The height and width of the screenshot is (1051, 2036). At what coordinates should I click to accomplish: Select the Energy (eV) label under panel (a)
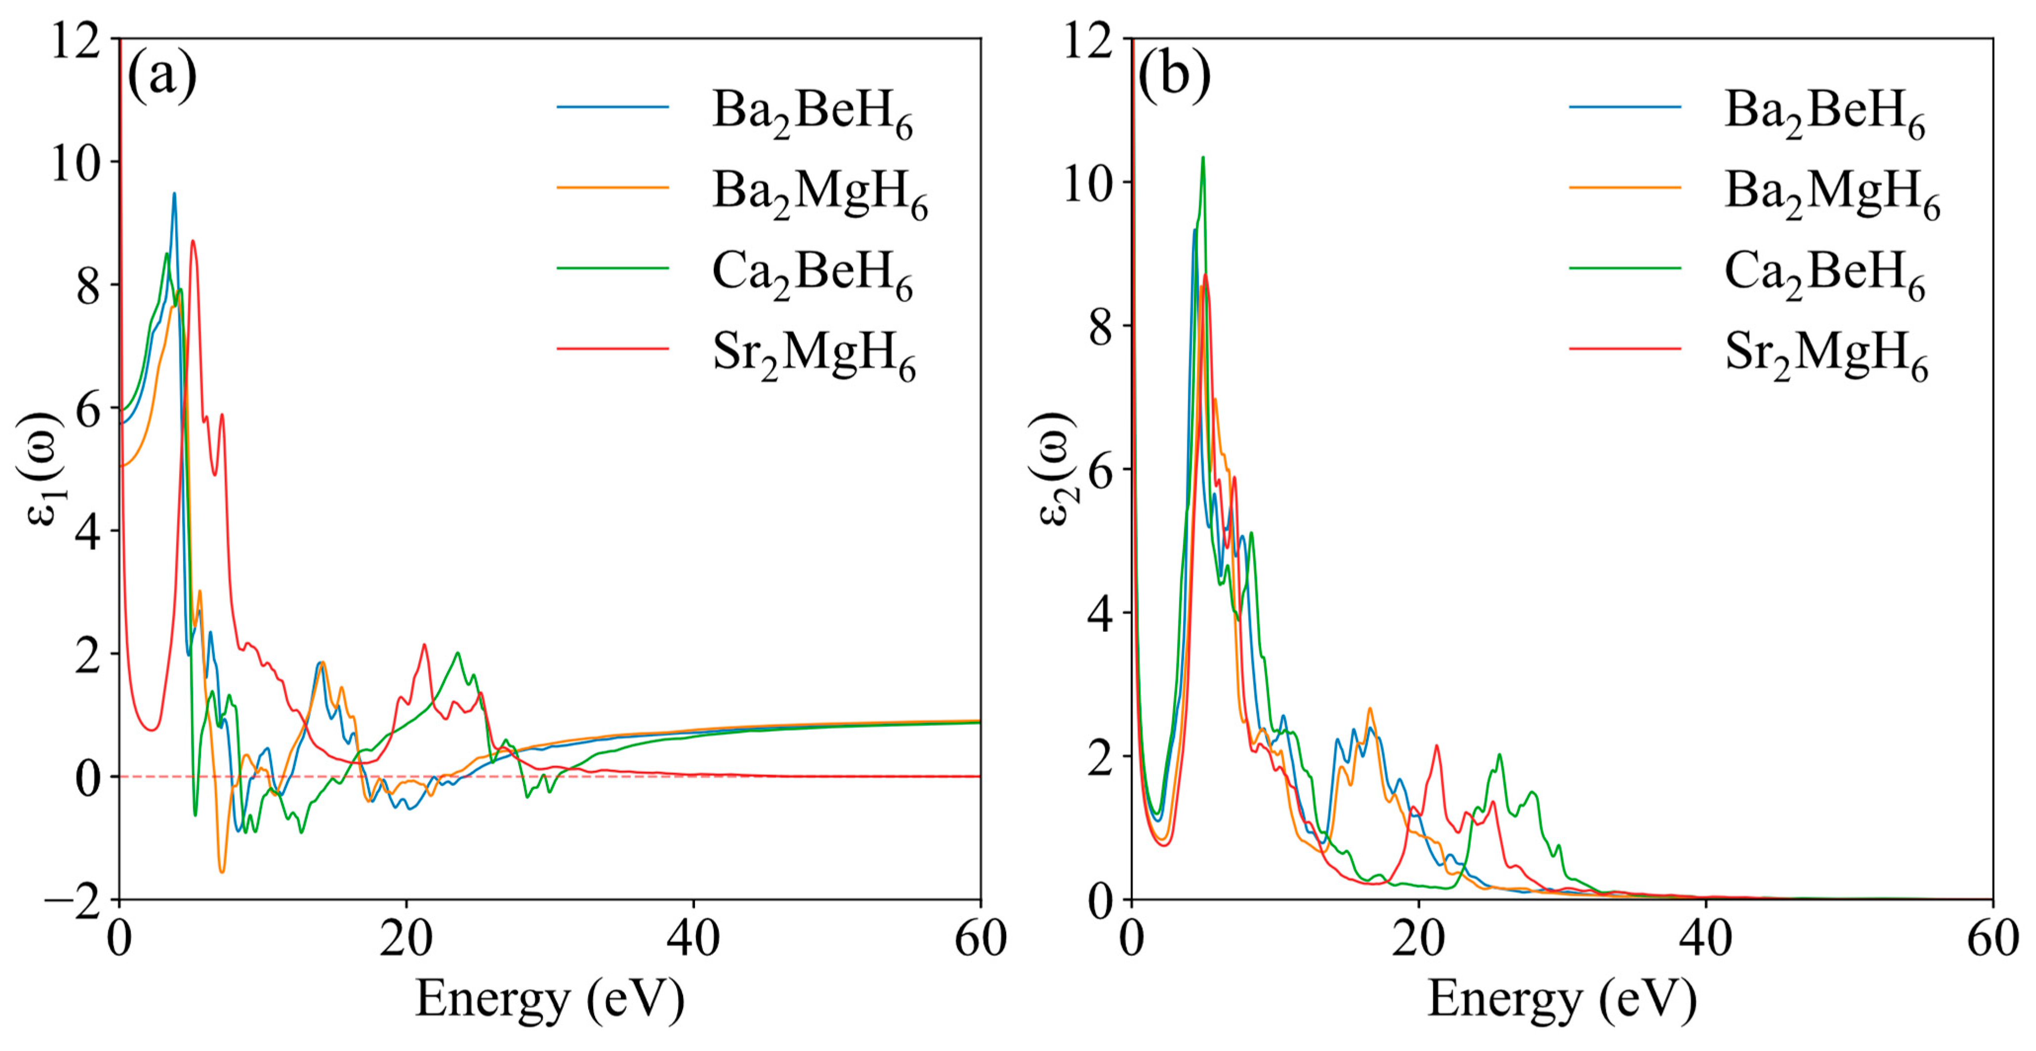point(550,1000)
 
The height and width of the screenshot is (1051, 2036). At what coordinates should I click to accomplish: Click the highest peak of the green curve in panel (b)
point(1203,158)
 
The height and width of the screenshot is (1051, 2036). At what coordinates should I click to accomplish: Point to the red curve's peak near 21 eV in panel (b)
point(1436,746)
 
